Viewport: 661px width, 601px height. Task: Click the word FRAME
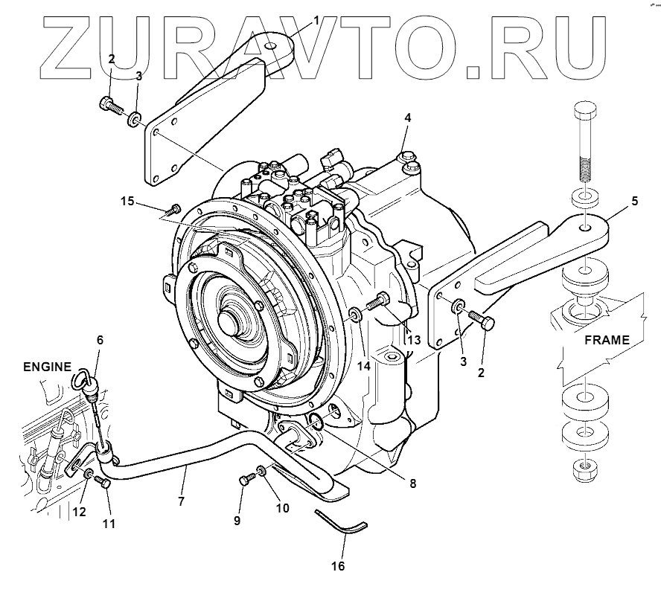click(x=606, y=340)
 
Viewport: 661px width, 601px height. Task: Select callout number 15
click(x=128, y=202)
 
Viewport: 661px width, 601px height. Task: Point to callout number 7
click(x=181, y=502)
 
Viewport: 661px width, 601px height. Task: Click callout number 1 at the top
click(x=316, y=21)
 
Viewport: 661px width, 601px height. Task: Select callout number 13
click(x=415, y=339)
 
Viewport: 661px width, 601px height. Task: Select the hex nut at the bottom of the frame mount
click(x=583, y=469)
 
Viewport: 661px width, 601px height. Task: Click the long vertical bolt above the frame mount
click(x=582, y=145)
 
